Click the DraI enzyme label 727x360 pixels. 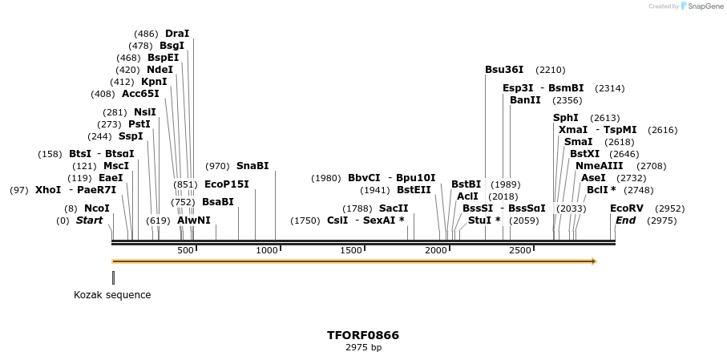point(177,34)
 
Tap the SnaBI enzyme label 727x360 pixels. point(252,166)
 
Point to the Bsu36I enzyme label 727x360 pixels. point(504,70)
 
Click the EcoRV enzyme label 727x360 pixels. point(627,208)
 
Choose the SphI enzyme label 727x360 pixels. point(566,118)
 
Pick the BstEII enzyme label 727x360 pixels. point(414,190)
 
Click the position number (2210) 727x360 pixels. point(551,70)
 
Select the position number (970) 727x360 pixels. point(217,166)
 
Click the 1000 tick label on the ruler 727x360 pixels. point(267,251)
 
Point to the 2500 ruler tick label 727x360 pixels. point(521,251)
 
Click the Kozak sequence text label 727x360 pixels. point(112,294)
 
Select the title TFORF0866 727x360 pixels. point(363,335)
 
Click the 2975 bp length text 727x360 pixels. point(363,348)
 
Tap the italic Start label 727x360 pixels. point(89,220)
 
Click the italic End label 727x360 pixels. point(625,220)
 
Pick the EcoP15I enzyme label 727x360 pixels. point(227,184)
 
